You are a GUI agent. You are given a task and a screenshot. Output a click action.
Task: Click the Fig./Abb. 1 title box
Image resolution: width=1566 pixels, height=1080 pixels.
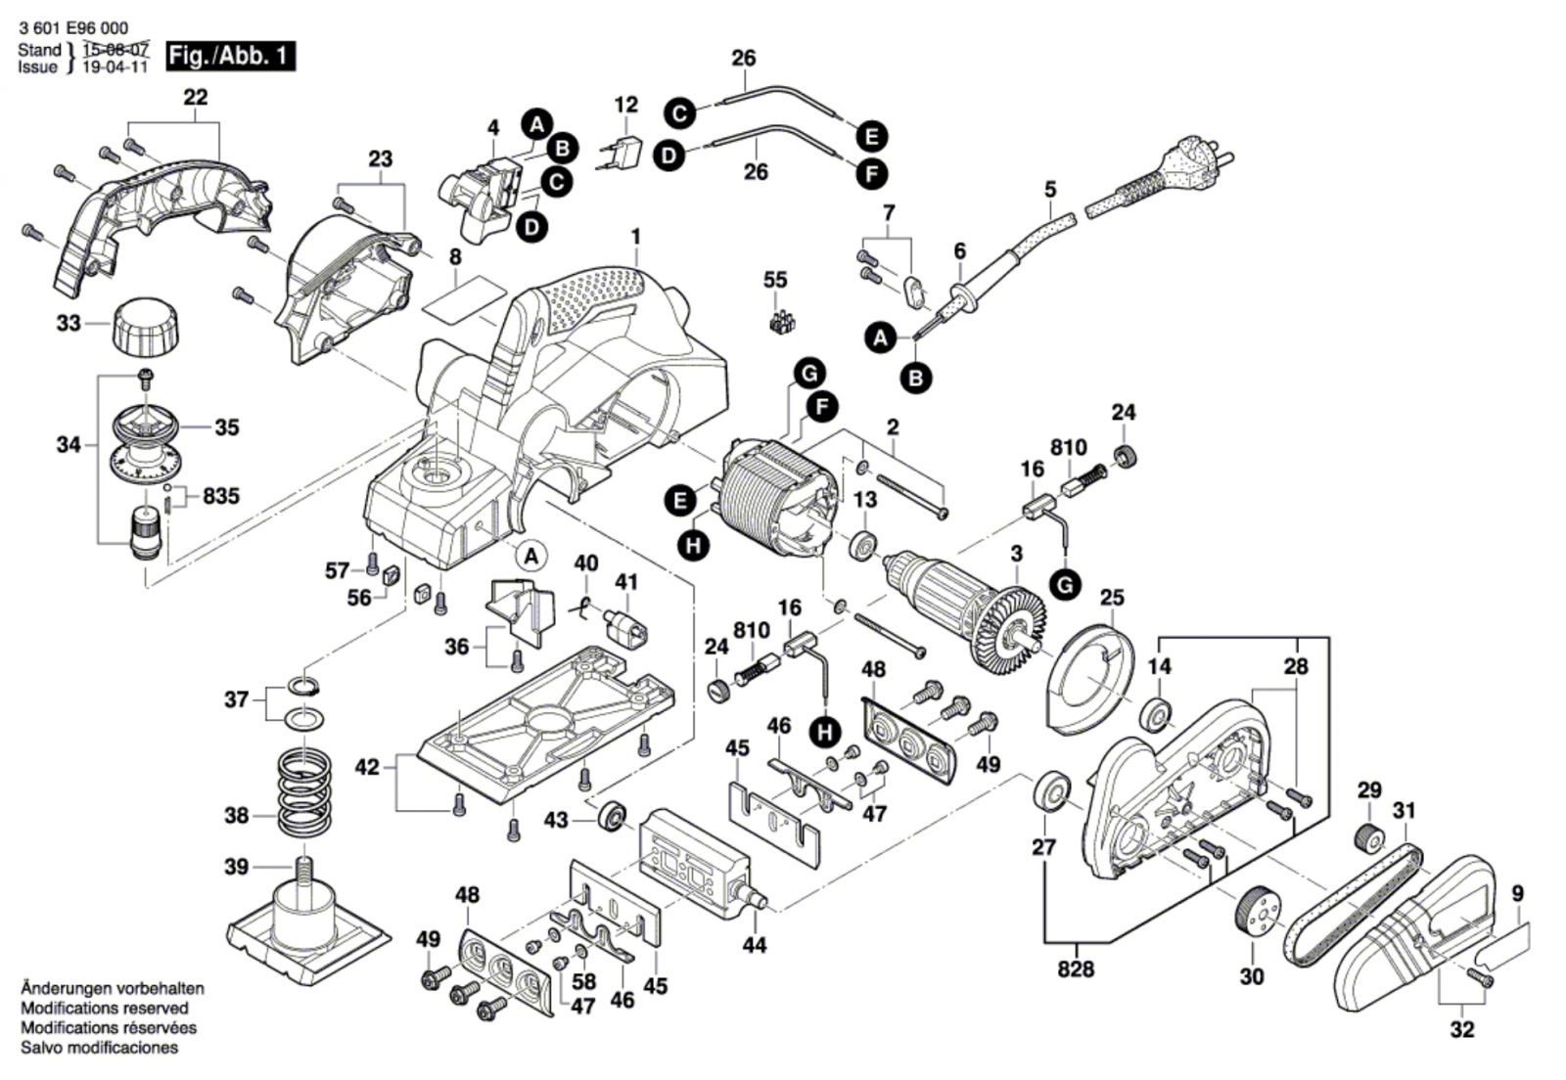(x=230, y=56)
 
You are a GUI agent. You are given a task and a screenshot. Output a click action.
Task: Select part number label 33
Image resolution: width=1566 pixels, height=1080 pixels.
(x=69, y=322)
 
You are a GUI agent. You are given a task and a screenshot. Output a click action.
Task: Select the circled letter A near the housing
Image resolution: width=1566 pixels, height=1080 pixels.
(x=531, y=556)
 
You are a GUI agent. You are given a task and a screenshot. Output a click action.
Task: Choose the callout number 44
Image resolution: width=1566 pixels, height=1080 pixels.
(x=754, y=945)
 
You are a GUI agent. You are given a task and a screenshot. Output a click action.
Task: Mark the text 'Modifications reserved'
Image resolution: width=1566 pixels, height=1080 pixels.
(x=105, y=1008)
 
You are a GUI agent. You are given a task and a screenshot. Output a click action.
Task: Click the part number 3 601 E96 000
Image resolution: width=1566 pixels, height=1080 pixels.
(x=72, y=29)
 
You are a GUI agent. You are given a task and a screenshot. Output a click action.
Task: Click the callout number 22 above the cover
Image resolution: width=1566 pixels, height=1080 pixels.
(x=196, y=97)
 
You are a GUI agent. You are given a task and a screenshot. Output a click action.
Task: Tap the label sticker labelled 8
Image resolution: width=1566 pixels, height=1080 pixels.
(x=466, y=295)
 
